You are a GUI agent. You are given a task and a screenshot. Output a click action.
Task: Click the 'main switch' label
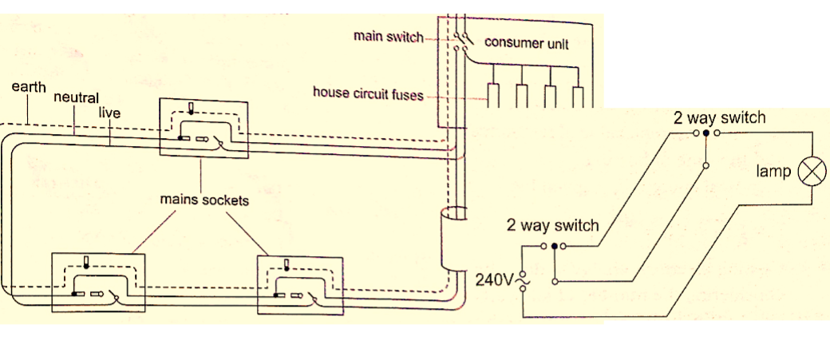point(389,38)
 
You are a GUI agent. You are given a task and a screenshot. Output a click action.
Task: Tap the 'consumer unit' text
point(527,43)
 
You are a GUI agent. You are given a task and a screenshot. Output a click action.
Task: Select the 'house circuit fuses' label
point(367,94)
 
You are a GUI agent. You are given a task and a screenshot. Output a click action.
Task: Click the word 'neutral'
point(76,98)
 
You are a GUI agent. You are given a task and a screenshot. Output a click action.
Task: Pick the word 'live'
point(109,113)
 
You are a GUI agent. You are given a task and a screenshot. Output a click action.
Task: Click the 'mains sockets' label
point(204,200)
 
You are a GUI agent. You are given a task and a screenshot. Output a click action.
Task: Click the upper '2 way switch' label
point(719,118)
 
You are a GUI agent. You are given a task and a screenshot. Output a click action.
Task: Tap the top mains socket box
point(204,128)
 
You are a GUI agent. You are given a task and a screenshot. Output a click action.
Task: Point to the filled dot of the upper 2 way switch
point(707,134)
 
